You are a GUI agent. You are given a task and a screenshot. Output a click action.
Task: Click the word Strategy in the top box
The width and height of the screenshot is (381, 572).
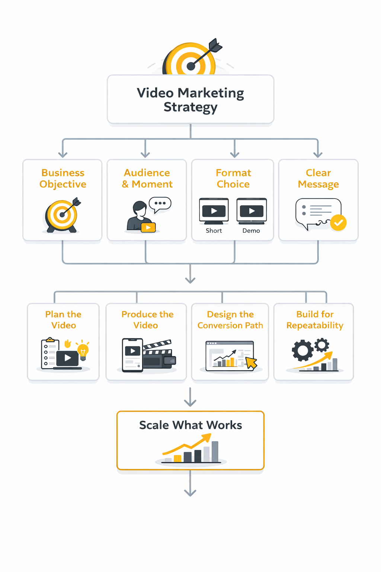click(x=190, y=107)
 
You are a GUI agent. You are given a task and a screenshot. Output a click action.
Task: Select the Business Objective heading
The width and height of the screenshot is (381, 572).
click(x=63, y=178)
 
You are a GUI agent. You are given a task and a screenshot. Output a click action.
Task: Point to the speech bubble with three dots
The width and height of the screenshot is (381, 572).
click(x=160, y=204)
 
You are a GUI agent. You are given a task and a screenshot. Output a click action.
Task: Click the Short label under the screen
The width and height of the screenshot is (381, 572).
click(x=214, y=231)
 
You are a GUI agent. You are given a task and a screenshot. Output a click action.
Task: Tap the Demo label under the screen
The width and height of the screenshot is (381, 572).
click(x=251, y=231)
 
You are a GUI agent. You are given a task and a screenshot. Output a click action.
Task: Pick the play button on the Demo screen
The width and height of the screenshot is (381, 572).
click(x=252, y=211)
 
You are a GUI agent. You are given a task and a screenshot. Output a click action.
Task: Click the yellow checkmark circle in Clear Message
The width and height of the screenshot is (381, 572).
click(x=339, y=223)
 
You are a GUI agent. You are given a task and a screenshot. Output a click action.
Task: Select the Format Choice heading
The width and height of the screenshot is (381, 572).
click(x=233, y=178)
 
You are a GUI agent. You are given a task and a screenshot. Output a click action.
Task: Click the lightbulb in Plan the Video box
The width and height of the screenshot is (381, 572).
click(x=83, y=351)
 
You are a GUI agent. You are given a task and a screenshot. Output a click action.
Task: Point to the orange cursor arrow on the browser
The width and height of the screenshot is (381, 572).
click(x=252, y=362)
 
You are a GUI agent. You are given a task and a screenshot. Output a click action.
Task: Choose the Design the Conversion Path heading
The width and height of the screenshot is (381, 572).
click(x=230, y=320)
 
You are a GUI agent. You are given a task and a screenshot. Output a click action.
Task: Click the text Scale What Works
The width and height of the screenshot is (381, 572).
click(x=190, y=425)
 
